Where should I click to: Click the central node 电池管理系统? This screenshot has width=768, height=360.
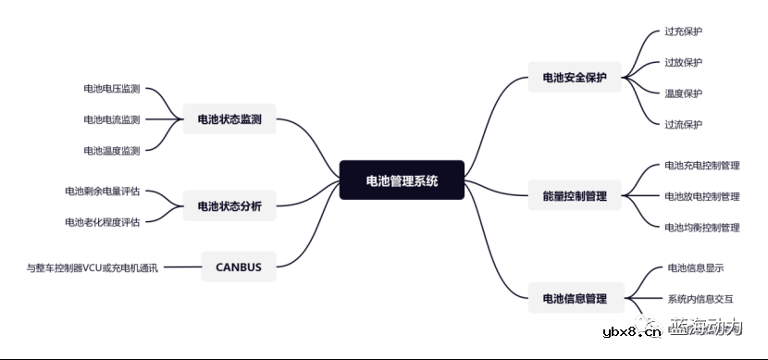pyautogui.click(x=402, y=180)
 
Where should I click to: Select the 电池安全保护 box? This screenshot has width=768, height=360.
pyautogui.click(x=575, y=78)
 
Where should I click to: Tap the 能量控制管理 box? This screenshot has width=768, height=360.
pyautogui.click(x=575, y=196)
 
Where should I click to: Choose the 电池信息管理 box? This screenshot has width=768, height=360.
pyautogui.click(x=575, y=298)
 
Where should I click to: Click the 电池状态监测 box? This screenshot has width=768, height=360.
pyautogui.click(x=229, y=119)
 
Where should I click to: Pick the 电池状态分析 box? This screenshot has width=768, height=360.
pyautogui.click(x=229, y=206)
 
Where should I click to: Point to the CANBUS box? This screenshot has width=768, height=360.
pyautogui.click(x=238, y=268)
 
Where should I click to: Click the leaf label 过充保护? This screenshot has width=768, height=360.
pyautogui.click(x=683, y=31)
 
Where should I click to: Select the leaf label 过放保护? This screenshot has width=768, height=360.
pyautogui.click(x=683, y=62)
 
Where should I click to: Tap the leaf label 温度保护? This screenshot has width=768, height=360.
pyautogui.click(x=683, y=93)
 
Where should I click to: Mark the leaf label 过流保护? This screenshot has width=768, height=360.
pyautogui.click(x=683, y=124)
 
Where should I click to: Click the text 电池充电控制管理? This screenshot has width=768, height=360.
pyautogui.click(x=701, y=166)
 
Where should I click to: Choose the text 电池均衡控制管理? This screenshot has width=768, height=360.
pyautogui.click(x=701, y=227)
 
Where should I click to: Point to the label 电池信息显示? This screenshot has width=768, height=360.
pyautogui.click(x=695, y=268)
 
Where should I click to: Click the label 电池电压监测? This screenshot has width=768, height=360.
pyautogui.click(x=111, y=89)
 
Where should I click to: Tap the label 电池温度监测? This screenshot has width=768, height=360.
pyautogui.click(x=111, y=150)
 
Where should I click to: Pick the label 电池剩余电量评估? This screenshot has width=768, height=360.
pyautogui.click(x=102, y=192)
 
